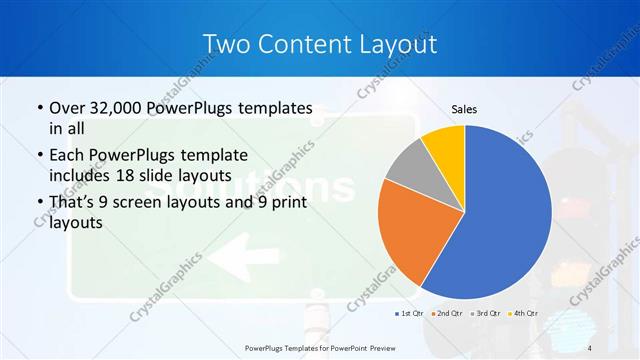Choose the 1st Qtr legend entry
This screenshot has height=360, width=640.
(x=408, y=315)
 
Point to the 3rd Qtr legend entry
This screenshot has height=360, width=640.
(x=485, y=315)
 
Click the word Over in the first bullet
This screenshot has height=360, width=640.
(x=67, y=108)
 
